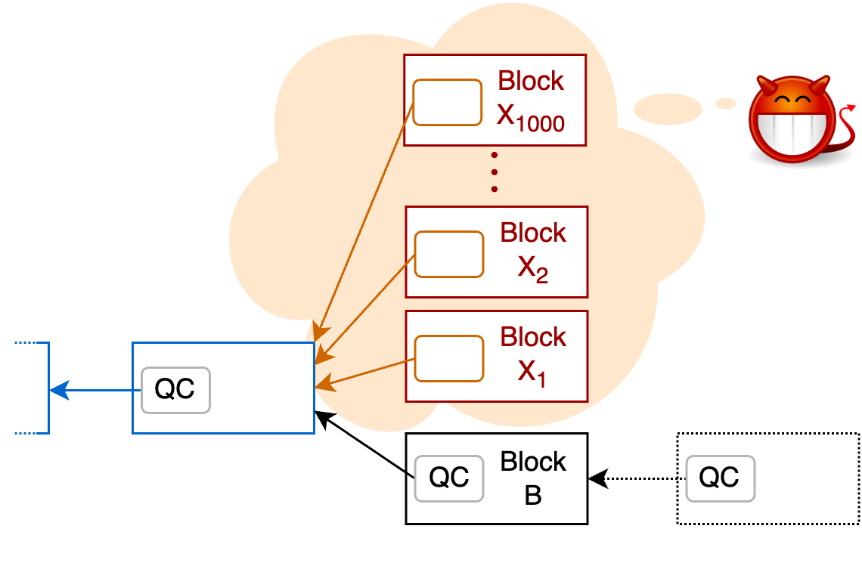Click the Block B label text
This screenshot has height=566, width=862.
point(533,478)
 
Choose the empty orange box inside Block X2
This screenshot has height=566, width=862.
point(448,254)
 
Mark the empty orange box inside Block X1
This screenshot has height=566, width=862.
point(448,358)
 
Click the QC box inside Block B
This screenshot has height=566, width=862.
point(448,478)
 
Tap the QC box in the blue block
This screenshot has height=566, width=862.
point(175,390)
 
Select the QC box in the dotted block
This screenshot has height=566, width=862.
point(720,478)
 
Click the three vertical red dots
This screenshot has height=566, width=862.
point(495,172)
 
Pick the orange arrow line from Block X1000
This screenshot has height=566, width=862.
point(364,219)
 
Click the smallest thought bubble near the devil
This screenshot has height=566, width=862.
point(726,104)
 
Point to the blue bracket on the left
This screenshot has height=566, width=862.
point(47,388)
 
